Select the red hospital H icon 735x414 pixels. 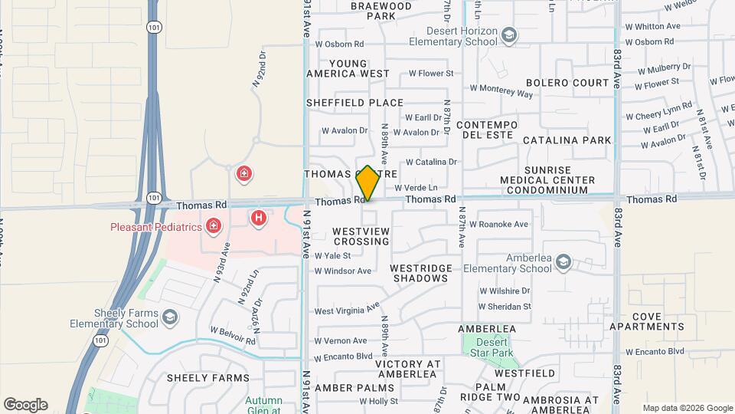point(260,219)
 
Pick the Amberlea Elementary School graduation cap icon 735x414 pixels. point(563,263)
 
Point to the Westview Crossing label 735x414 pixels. point(361,235)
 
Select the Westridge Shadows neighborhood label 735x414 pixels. point(419,273)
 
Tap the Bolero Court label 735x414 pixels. point(567,83)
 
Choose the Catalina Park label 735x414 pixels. point(567,140)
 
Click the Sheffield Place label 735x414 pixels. point(354,103)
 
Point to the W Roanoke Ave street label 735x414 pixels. point(498,225)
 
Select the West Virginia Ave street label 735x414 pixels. point(347,310)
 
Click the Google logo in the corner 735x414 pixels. point(25,405)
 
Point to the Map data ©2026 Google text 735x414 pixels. point(688,408)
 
